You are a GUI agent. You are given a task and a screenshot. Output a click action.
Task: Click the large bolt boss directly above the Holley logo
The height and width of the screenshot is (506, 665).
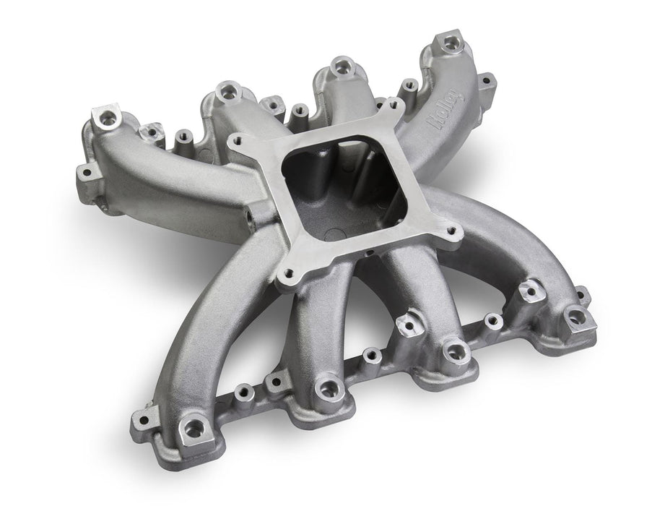451,40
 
